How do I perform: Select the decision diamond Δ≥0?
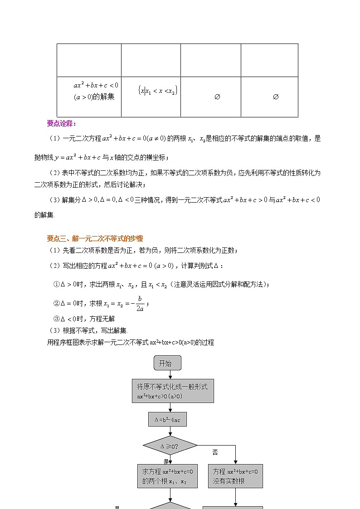click(170, 446)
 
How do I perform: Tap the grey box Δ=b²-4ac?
click(167, 419)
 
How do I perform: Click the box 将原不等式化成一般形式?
click(172, 391)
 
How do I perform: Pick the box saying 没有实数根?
click(235, 476)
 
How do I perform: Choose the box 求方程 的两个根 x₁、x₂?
click(167, 476)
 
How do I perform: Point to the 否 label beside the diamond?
click(215, 452)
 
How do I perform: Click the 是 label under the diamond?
click(166, 461)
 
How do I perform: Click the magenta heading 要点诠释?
click(62, 124)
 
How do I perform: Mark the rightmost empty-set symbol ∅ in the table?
click(275, 97)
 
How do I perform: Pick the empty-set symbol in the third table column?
click(217, 97)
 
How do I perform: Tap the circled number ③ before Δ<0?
click(57, 319)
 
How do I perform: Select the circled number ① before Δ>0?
click(57, 285)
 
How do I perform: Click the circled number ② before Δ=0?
click(57, 303)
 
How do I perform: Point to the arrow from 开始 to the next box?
click(170, 374)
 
